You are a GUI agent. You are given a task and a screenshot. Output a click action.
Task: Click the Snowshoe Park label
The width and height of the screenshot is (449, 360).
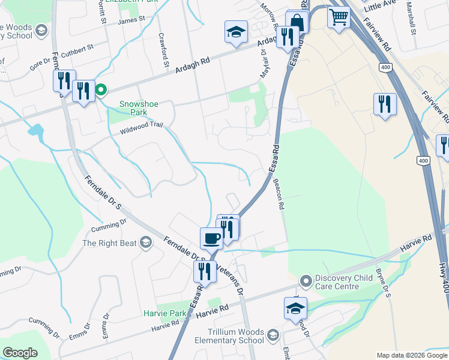pyautogui.click(x=139, y=108)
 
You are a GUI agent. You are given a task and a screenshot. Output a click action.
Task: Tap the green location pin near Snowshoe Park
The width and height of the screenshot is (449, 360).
pyautogui.click(x=101, y=91)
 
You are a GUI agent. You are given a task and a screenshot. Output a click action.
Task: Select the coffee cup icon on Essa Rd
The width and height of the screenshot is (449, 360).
pyautogui.click(x=211, y=238)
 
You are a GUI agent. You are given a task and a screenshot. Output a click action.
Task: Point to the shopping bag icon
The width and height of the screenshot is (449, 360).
pyautogui.click(x=297, y=22)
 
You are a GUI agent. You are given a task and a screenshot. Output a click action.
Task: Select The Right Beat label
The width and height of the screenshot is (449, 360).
pyautogui.click(x=109, y=243)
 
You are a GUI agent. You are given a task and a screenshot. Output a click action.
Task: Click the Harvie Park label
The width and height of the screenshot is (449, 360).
pyautogui.click(x=165, y=313)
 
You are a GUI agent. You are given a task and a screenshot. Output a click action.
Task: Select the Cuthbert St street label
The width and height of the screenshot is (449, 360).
pyautogui.click(x=77, y=47)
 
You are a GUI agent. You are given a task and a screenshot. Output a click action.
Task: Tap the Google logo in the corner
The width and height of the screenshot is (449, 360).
pyautogui.click(x=20, y=353)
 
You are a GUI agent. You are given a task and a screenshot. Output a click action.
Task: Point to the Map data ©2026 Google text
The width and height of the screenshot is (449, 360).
pyautogui.click(x=411, y=355)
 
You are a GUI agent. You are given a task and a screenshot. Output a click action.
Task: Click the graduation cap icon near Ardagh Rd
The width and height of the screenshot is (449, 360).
pyautogui.click(x=237, y=31)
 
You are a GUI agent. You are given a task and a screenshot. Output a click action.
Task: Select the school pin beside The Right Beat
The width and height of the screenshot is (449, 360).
pyautogui.click(x=145, y=242)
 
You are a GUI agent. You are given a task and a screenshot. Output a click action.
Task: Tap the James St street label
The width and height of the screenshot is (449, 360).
pyautogui.click(x=132, y=20)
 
